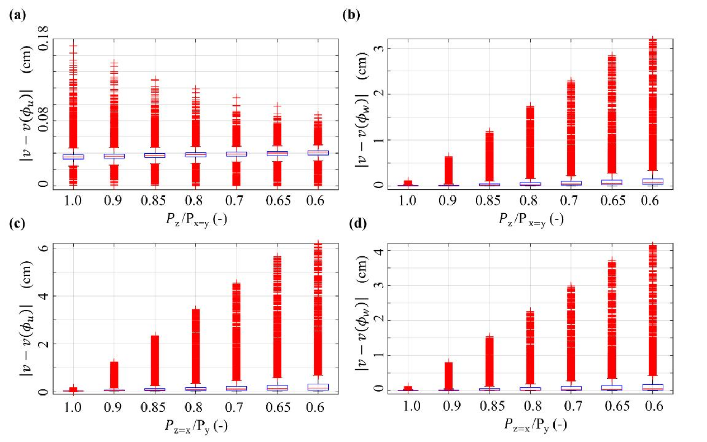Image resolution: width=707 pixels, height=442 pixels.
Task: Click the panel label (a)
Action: coord(17,15)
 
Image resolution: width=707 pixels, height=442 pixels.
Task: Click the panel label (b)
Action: coord(351,15)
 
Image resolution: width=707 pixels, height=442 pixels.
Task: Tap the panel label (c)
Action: coord(17,223)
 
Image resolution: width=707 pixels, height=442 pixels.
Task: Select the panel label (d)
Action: coord(358,223)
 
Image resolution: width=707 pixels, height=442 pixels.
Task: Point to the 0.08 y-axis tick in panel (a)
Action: coord(43,120)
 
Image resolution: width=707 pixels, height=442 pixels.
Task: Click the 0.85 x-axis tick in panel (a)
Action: coord(153,201)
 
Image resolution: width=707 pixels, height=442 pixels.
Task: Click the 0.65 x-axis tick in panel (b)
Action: coord(613,201)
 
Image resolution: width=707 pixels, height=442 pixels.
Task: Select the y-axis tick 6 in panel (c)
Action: coord(43,248)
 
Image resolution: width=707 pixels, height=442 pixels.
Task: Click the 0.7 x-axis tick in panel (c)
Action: coord(234,407)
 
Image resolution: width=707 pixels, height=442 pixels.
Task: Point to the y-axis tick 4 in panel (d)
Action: coord(379,250)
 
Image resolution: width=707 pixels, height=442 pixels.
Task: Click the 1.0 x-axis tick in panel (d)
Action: coord(411,406)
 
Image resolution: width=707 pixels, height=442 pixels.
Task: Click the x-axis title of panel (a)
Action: coord(196,220)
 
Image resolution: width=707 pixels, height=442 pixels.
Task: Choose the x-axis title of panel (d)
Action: coord(535,425)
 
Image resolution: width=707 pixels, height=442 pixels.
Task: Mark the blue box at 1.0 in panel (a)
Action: coord(73,157)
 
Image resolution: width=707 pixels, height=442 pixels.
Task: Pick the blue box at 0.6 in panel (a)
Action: coord(318,153)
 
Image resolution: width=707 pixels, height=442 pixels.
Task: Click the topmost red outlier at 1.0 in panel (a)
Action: coord(73,45)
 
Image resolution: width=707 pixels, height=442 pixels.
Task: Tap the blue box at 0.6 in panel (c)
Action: coord(318,387)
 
